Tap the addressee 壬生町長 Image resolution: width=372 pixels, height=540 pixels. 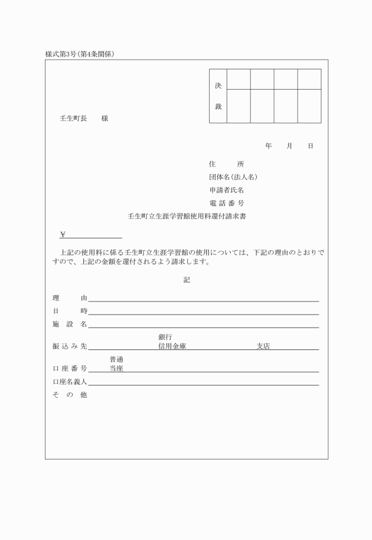click(x=74, y=119)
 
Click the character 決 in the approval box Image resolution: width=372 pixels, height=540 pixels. click(x=218, y=86)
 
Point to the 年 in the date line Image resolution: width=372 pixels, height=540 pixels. click(x=269, y=146)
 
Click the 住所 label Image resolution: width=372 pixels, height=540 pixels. click(x=227, y=163)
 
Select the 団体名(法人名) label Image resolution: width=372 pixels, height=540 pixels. click(x=233, y=176)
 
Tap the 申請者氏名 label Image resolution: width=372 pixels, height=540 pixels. click(x=227, y=190)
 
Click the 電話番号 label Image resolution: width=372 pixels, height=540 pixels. click(x=227, y=203)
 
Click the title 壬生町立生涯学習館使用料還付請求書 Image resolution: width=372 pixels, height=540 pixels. click(x=187, y=217)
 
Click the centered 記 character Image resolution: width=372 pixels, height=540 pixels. click(x=187, y=280)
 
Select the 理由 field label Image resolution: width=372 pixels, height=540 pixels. click(x=70, y=298)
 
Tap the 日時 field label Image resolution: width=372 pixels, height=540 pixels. click(x=70, y=311)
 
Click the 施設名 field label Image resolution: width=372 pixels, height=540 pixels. click(x=70, y=324)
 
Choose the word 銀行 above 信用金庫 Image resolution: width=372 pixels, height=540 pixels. click(x=165, y=337)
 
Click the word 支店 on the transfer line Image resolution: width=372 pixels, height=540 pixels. click(x=263, y=346)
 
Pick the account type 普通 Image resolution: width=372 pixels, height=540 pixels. click(x=117, y=359)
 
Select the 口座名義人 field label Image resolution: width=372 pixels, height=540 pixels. click(x=70, y=382)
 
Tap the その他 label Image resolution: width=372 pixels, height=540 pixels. click(x=70, y=395)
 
